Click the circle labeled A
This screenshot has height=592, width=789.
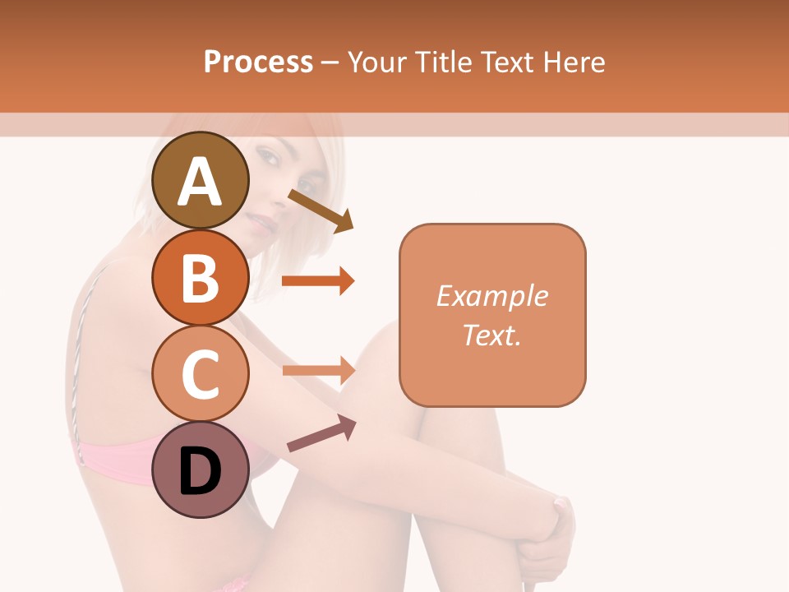pyautogui.click(x=200, y=180)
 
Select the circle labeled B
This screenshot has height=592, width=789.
pyautogui.click(x=200, y=277)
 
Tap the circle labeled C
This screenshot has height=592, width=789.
pyautogui.click(x=200, y=374)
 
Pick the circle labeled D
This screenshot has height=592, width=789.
pyautogui.click(x=200, y=470)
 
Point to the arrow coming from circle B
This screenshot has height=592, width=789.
pyautogui.click(x=318, y=281)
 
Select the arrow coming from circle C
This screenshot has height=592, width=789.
pyautogui.click(x=318, y=370)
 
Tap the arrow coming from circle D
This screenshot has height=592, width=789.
pyautogui.click(x=321, y=433)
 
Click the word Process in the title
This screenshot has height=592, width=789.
pyautogui.click(x=258, y=62)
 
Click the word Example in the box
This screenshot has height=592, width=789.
pyautogui.click(x=491, y=296)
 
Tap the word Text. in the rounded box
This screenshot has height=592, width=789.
pyautogui.click(x=491, y=335)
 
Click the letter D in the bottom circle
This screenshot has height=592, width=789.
pyautogui.click(x=200, y=473)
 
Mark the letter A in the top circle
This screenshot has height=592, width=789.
pyautogui.click(x=200, y=182)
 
